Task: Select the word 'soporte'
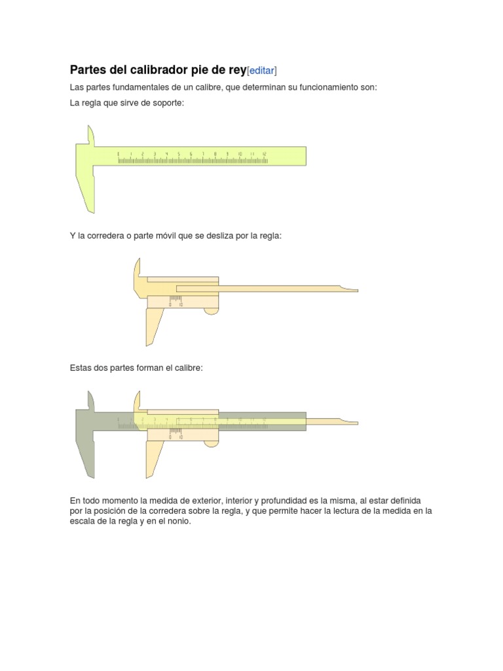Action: point(160,104)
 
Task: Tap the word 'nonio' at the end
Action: point(177,522)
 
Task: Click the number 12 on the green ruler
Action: point(264,154)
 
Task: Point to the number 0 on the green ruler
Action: point(119,154)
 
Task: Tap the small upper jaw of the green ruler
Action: point(90,135)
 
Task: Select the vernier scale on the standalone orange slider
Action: point(175,301)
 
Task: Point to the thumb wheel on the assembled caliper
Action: point(211,444)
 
